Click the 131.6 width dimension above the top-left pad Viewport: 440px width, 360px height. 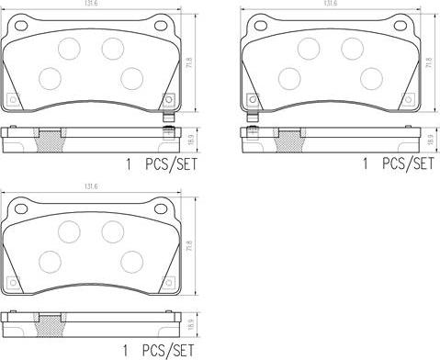[89, 5]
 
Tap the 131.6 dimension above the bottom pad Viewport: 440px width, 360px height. [89, 186]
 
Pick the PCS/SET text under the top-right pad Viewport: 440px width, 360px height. [407, 164]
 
